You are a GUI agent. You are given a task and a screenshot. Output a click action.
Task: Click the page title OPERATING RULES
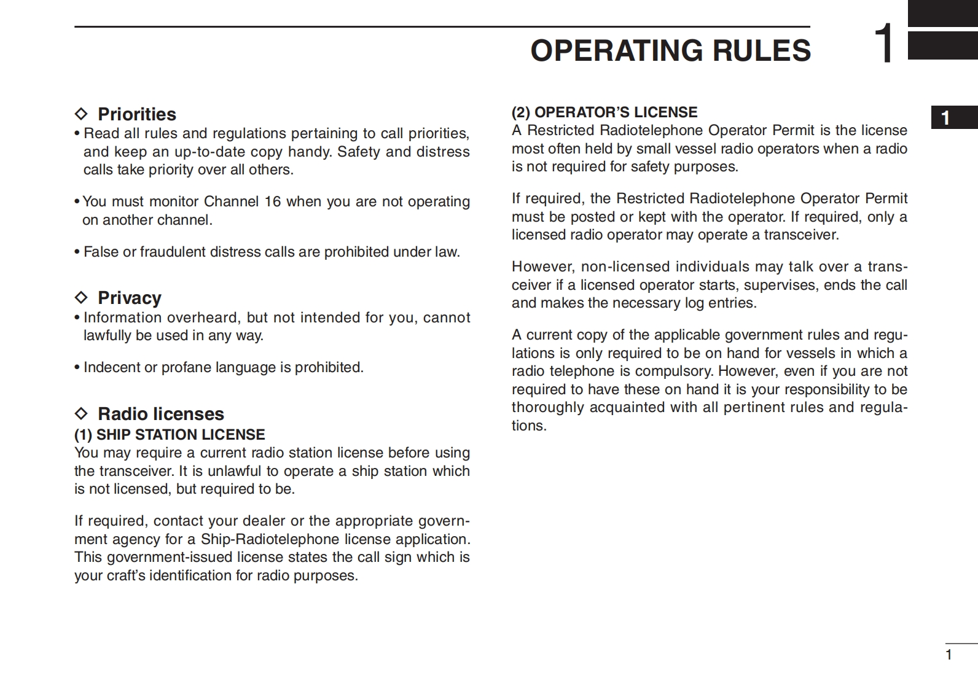click(670, 51)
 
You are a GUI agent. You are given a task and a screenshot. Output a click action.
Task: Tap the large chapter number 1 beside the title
click(885, 44)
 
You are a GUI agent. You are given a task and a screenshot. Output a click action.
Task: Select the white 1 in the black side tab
click(946, 118)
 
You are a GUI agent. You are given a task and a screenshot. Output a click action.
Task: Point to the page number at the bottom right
click(949, 655)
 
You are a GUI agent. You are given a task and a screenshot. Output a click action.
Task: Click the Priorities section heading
click(136, 114)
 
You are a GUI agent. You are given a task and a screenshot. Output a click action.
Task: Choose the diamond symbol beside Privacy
click(81, 298)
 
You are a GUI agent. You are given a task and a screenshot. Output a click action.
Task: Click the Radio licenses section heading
click(160, 414)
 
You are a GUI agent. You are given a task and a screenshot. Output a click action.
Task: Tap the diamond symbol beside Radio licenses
click(81, 414)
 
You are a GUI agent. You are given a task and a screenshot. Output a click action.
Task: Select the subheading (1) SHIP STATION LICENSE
click(170, 435)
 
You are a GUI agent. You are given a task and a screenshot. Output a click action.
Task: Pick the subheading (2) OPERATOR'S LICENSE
click(604, 112)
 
